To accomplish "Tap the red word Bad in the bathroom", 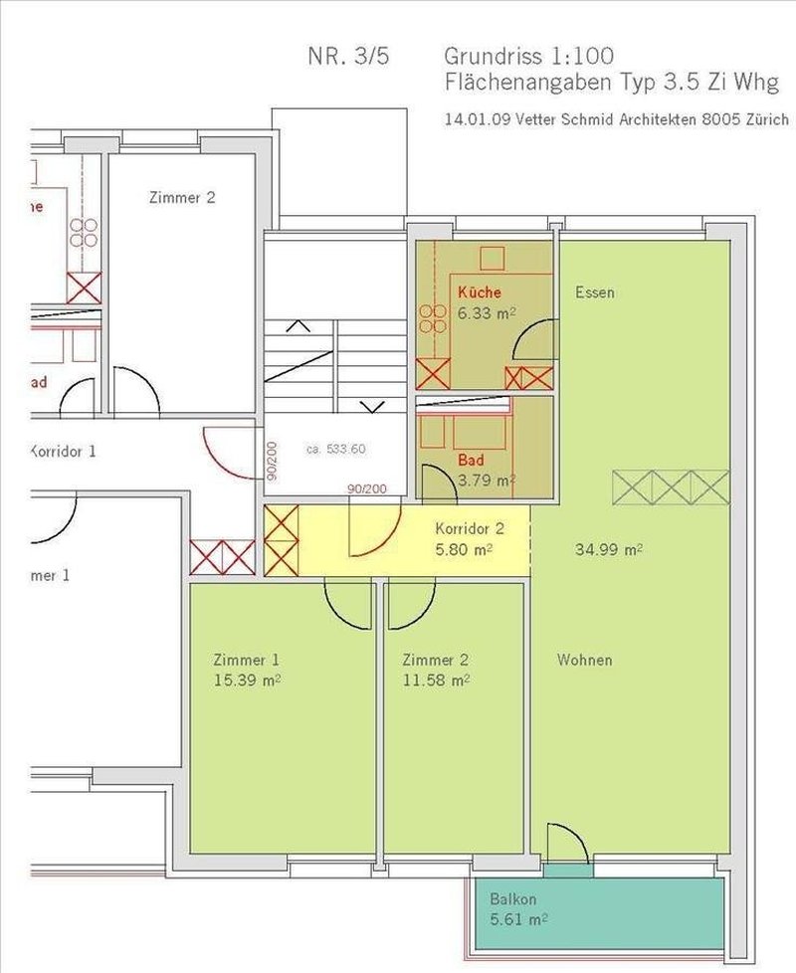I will point(472,463).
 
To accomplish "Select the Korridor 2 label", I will point(470,529).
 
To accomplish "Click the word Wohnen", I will point(584,660).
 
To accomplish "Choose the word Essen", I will point(594,292).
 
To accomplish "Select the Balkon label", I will point(513,899).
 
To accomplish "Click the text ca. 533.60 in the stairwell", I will point(336,449).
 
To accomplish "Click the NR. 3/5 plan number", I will point(348,56).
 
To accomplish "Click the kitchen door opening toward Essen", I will point(534,342).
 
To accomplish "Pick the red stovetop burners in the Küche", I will point(433,318).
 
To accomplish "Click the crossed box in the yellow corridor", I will point(281,540).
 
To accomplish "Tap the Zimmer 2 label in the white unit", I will point(181,197).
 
